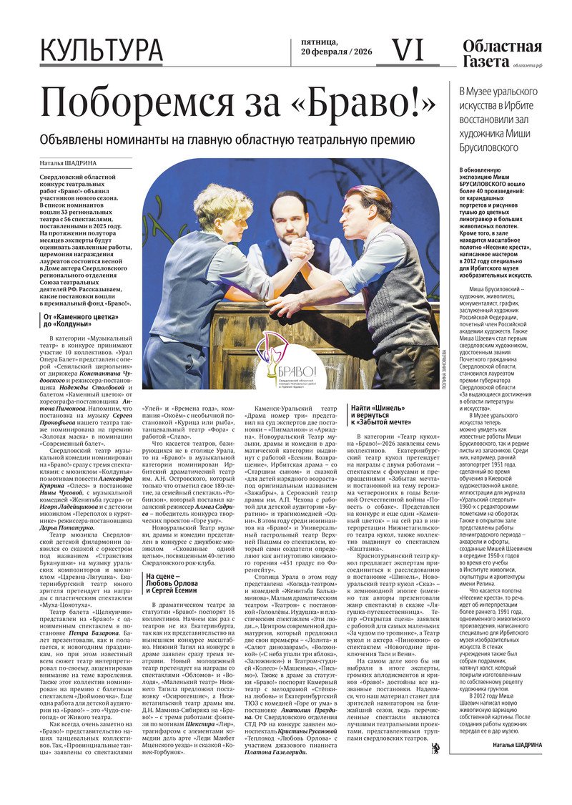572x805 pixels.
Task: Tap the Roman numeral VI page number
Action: click(409, 50)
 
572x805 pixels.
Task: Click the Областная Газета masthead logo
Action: click(502, 54)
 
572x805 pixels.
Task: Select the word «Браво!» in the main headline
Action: click(355, 104)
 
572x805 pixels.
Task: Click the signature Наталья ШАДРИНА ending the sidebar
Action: click(517, 745)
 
